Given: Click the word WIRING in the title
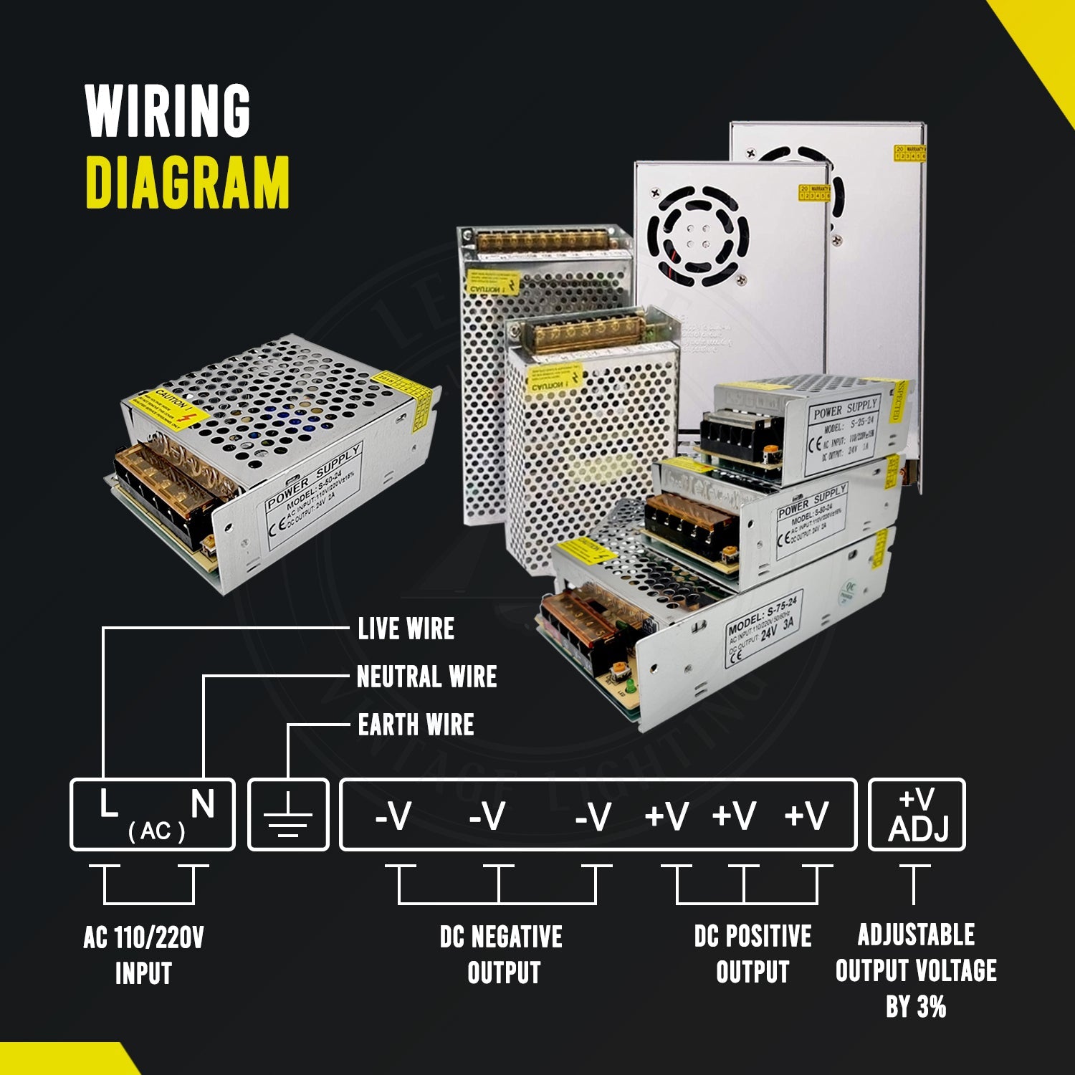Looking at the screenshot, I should click(x=168, y=110).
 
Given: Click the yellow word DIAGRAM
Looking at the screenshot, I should click(x=187, y=183).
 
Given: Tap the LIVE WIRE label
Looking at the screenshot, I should click(x=406, y=629).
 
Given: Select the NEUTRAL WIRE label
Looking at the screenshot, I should click(x=426, y=677).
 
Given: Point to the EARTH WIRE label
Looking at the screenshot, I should click(x=416, y=725).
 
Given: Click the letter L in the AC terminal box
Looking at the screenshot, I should click(x=108, y=804).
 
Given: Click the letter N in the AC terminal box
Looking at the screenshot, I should click(x=203, y=804).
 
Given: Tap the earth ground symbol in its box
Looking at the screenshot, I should click(x=288, y=816).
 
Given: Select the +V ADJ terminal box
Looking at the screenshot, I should click(x=917, y=815).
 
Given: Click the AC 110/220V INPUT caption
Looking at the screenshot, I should click(x=143, y=955).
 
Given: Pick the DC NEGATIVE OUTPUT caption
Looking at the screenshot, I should click(x=502, y=955).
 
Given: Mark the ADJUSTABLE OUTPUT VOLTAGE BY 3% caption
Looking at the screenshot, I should click(x=916, y=970).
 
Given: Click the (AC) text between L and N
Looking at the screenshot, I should click(x=156, y=831).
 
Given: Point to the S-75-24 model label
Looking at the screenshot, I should click(x=763, y=629).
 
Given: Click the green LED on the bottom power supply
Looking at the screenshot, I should click(x=629, y=689).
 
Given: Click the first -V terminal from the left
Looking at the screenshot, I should click(x=393, y=816).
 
